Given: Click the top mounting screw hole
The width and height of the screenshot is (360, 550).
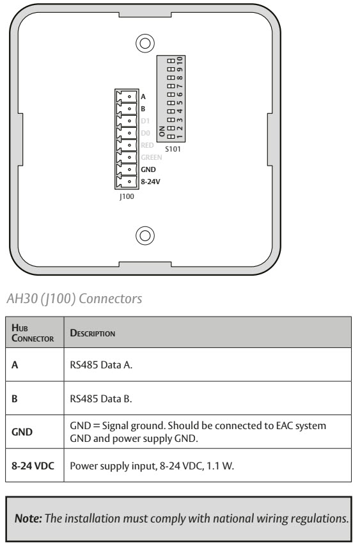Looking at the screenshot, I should click(145, 43).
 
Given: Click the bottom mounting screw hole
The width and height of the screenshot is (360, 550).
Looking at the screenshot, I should click(145, 235).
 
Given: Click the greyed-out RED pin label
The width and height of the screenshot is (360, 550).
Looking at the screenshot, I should click(146, 145).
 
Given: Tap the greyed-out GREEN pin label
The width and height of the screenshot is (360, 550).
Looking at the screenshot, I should click(150, 157).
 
